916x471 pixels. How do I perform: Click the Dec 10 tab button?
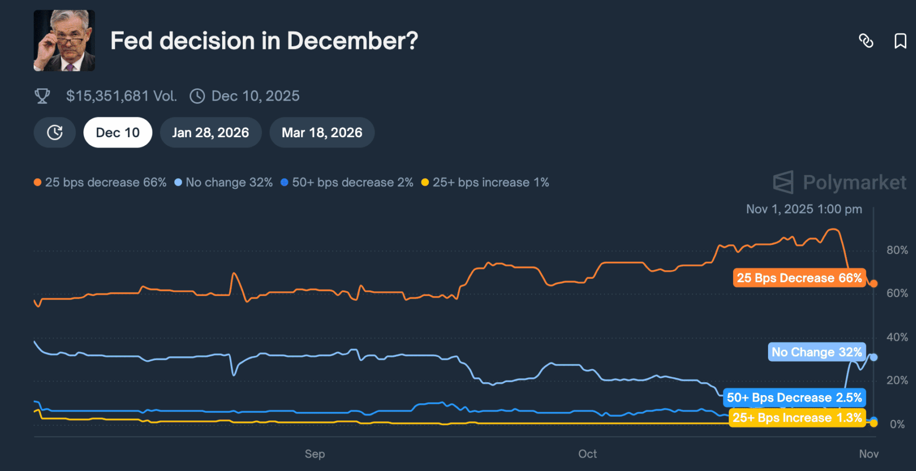pos(117,132)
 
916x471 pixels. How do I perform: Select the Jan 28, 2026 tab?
pos(210,132)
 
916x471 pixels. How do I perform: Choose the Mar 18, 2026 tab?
pos(322,132)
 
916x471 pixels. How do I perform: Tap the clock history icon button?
pos(54,132)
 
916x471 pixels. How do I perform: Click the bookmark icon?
pos(900,41)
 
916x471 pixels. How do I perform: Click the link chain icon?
pos(866,41)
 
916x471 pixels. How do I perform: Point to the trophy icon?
pos(42,96)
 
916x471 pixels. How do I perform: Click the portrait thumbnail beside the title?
pos(64,40)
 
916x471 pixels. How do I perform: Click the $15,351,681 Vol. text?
pos(121,96)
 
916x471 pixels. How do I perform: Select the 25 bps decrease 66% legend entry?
pos(100,182)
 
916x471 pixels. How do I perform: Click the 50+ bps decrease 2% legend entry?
pos(347,182)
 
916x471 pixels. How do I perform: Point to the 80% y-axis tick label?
pos(897,250)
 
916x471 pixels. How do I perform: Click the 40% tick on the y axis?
pos(897,338)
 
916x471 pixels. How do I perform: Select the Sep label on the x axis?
pos(315,454)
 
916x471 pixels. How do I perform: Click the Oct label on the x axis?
pos(587,454)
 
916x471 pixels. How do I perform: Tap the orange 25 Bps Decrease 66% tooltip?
pos(799,278)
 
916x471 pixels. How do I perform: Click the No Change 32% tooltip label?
pos(816,352)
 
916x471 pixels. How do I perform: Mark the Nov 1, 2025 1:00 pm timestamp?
pos(804,209)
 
